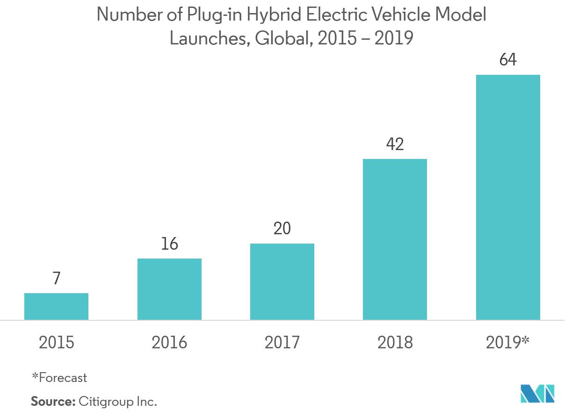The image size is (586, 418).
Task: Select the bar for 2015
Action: click(56, 306)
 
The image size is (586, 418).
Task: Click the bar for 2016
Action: click(169, 289)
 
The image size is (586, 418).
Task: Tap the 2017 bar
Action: click(282, 281)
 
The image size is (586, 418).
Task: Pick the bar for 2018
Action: click(395, 239)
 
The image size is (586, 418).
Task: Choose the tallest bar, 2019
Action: click(508, 197)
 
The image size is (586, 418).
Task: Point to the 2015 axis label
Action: click(56, 343)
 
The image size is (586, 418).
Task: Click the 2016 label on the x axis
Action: click(169, 343)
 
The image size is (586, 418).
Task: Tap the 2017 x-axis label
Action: click(282, 343)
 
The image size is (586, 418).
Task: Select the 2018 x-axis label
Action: click(395, 343)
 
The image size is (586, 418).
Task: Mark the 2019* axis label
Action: click(508, 343)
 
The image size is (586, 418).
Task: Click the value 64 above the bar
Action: click(508, 60)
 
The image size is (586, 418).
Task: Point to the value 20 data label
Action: click(282, 229)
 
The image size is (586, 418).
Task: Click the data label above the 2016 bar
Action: click(169, 244)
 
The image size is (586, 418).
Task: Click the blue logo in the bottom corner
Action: click(538, 394)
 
